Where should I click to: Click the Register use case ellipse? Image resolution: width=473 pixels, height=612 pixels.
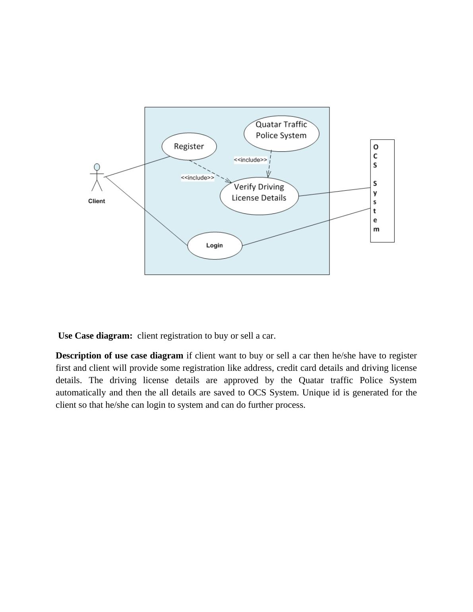[189, 146]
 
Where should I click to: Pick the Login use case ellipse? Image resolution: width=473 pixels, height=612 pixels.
[215, 246]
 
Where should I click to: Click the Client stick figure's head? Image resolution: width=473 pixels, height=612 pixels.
[97, 167]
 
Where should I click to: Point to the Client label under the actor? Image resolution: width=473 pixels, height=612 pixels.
[97, 201]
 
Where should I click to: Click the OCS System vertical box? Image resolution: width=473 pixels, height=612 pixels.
[382, 191]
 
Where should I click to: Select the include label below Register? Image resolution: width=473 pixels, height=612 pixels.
[198, 178]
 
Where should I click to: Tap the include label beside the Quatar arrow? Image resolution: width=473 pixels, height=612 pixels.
[250, 160]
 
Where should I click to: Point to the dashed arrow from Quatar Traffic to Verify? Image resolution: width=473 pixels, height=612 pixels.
[270, 163]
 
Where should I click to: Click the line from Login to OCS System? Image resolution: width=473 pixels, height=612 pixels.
[306, 227]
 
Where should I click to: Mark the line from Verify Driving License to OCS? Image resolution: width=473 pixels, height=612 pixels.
[334, 192]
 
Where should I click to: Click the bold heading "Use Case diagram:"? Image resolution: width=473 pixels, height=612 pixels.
[95, 336]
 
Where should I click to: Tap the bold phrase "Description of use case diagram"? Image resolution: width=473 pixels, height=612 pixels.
[119, 356]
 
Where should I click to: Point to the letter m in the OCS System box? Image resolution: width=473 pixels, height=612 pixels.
[376, 229]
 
